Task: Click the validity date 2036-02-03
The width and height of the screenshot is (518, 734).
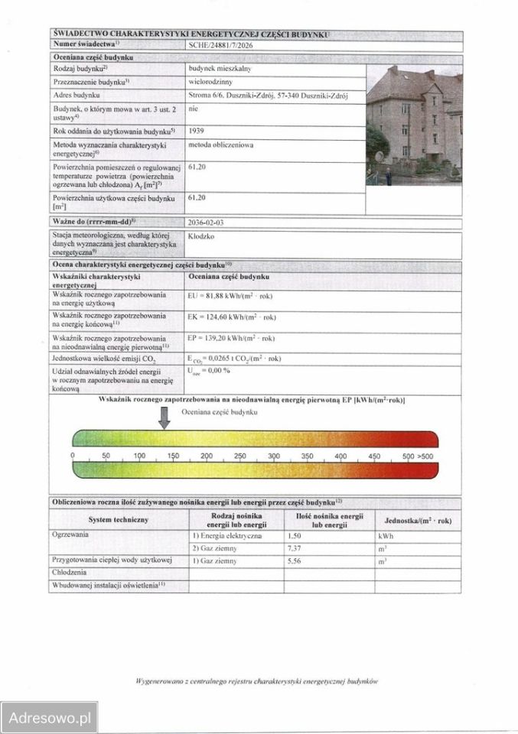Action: (207, 222)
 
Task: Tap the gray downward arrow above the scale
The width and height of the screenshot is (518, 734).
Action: (165, 417)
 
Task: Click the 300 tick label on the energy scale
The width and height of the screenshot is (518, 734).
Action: (273, 456)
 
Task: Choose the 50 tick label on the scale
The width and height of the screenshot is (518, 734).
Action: (106, 456)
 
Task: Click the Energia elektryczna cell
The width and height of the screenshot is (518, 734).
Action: (226, 536)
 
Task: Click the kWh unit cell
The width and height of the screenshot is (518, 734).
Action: (385, 536)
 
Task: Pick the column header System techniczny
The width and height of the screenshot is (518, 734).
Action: (119, 520)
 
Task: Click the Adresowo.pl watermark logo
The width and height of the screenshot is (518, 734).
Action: (47, 718)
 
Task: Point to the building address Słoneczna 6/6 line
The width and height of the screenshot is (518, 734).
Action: (268, 95)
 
